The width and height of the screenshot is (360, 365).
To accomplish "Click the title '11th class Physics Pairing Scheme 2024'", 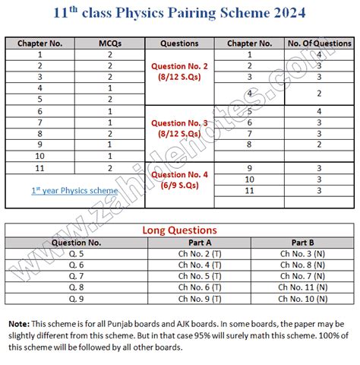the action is pos(180,13).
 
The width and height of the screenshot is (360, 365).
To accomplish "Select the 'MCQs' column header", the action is pos(110,43).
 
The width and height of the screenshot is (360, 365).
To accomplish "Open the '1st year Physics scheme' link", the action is pos(74,191).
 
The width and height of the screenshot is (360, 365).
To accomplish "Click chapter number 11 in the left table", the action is pos(39,167).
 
